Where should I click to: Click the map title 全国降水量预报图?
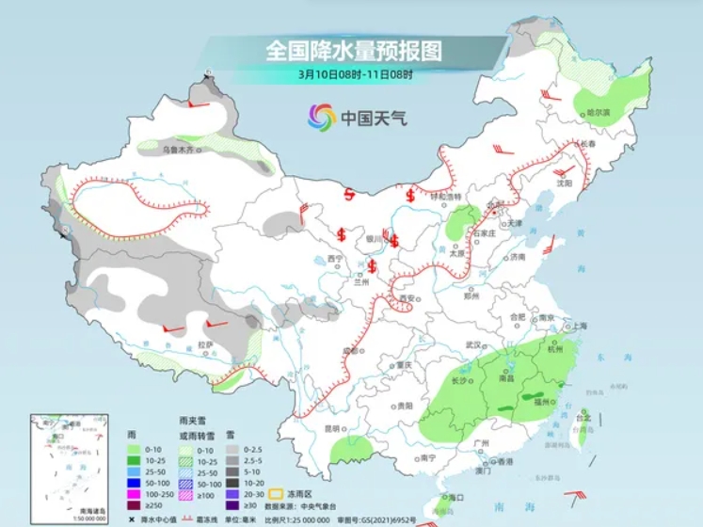(x=353, y=49)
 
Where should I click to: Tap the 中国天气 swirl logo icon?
(x=321, y=118)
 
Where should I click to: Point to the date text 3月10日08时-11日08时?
(x=351, y=73)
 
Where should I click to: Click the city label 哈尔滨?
(x=599, y=112)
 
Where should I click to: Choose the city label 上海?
(x=577, y=326)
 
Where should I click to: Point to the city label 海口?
(x=456, y=497)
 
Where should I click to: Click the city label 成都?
(x=351, y=350)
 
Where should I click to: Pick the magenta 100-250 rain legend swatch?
(x=135, y=495)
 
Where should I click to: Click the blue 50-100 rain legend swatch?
(x=135, y=482)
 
